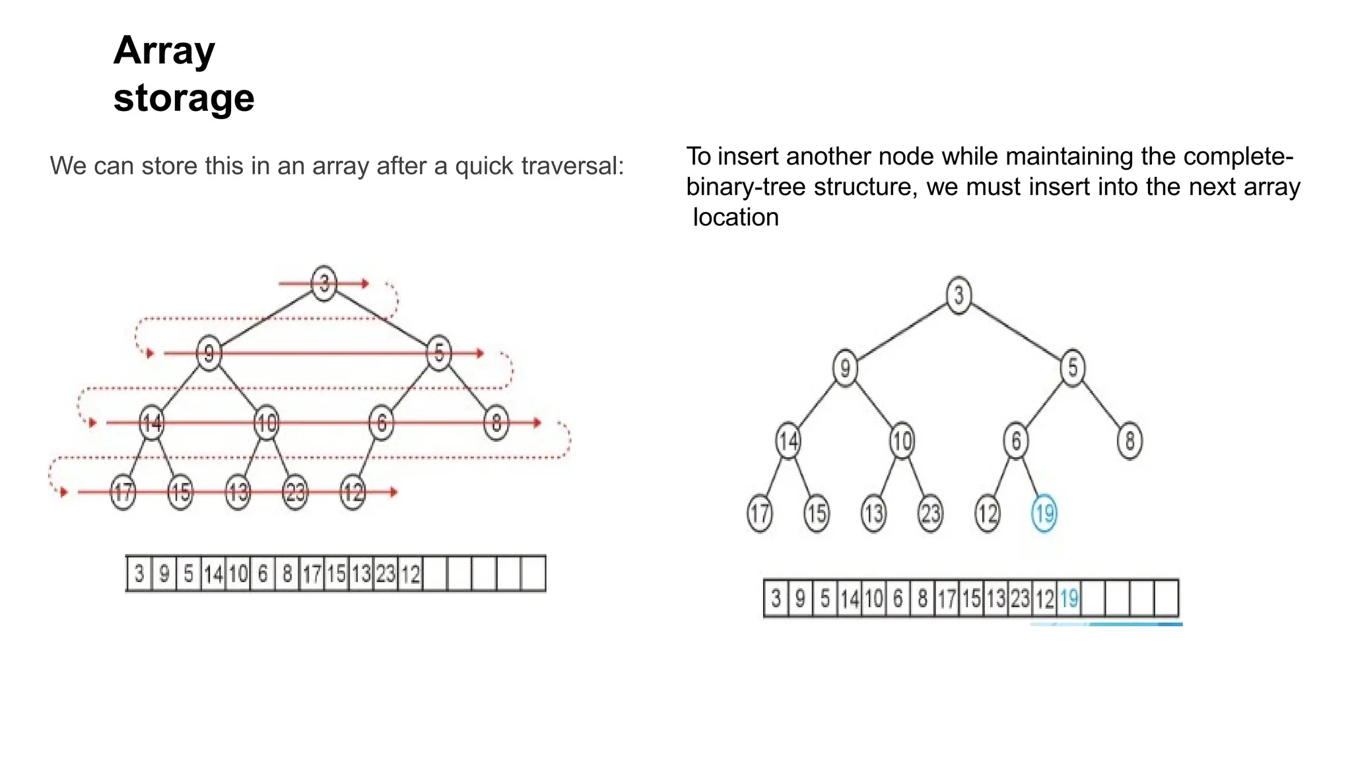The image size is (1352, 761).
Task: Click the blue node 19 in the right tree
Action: [1044, 513]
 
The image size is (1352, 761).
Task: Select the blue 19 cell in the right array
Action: [1069, 598]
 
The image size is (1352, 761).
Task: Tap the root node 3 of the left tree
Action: [323, 283]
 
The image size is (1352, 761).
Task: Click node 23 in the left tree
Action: [295, 492]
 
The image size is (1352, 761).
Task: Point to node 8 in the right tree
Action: [1130, 441]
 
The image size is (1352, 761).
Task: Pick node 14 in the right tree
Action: [788, 441]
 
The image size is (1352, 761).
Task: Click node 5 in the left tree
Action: [439, 353]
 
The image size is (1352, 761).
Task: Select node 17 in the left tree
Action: [123, 492]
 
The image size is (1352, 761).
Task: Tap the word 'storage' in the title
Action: [184, 98]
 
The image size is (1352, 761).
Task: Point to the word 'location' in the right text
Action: [735, 217]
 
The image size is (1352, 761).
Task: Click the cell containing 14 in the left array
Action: [213, 574]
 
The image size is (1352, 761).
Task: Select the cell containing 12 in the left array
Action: [411, 574]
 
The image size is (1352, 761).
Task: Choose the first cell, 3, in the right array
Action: [776, 598]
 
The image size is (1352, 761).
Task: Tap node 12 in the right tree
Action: [988, 513]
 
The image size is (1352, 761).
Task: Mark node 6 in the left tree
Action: [381, 423]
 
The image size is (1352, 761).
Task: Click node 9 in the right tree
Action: [845, 368]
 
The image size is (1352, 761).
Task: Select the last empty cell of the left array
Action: [533, 574]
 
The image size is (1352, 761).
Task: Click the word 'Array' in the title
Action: [164, 50]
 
